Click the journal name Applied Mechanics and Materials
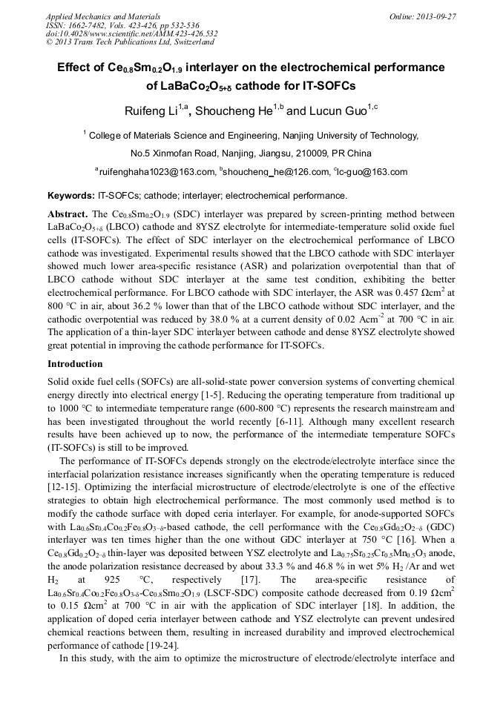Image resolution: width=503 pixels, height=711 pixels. point(94,16)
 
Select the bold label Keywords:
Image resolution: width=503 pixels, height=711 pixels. point(70,196)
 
